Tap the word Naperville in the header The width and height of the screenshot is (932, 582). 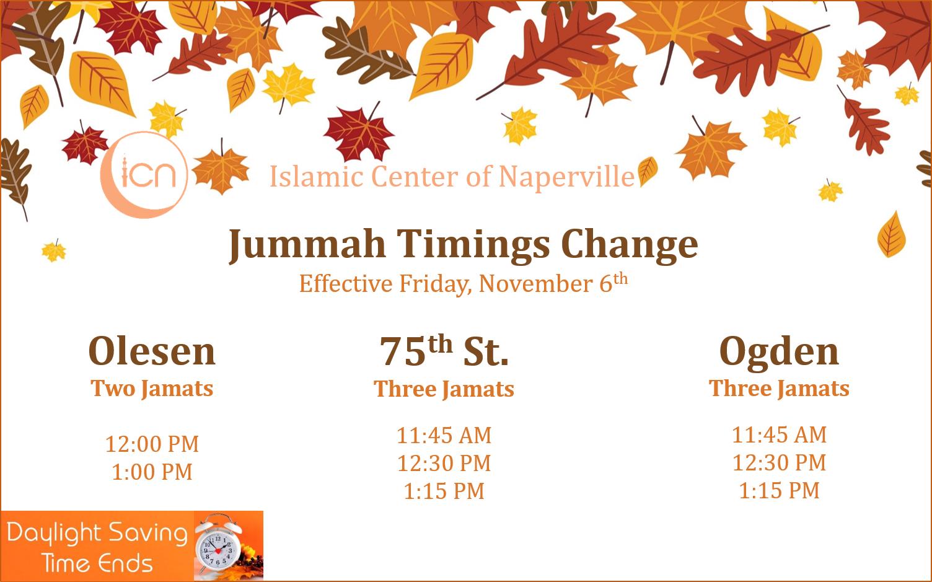[566, 177]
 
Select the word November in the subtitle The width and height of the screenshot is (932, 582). [536, 284]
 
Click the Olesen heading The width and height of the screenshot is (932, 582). [152, 352]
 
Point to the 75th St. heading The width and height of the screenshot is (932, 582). [444, 351]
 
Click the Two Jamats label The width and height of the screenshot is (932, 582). [152, 389]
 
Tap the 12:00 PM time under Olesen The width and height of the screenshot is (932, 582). [152, 444]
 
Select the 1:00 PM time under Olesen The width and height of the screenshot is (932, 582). [152, 472]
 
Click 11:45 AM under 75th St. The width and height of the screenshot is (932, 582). [444, 436]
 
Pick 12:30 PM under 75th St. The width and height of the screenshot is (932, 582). [444, 464]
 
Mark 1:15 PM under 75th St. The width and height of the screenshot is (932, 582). [444, 492]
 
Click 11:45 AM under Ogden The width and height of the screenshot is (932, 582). [780, 434]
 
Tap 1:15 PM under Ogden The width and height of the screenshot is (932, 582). [780, 490]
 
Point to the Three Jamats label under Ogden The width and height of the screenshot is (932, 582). [780, 389]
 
